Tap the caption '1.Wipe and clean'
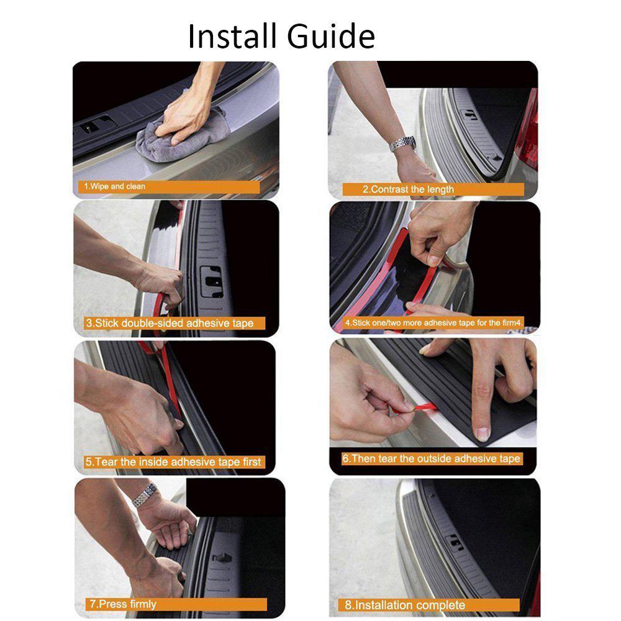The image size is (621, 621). [x=115, y=186]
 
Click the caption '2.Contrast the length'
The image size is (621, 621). [x=408, y=189]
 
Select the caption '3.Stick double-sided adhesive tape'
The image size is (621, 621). [x=169, y=323]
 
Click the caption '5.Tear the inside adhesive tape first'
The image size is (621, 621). [x=173, y=462]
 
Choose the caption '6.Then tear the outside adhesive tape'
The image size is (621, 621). [x=432, y=459]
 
